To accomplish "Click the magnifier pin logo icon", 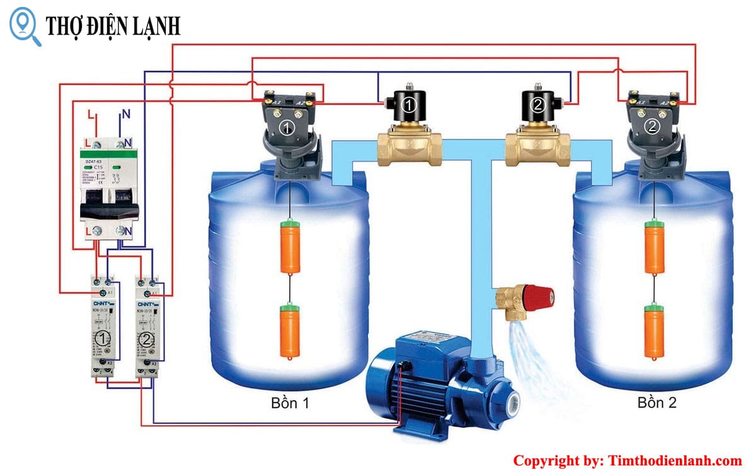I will (x=25, y=25).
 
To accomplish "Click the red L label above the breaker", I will (x=91, y=115).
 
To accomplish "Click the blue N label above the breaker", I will (x=125, y=115).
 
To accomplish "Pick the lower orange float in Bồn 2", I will (x=655, y=329).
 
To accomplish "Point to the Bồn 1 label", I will (x=290, y=403).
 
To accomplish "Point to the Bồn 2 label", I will (x=656, y=403).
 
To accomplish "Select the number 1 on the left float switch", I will (x=287, y=129).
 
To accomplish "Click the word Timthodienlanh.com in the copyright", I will (x=675, y=461).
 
